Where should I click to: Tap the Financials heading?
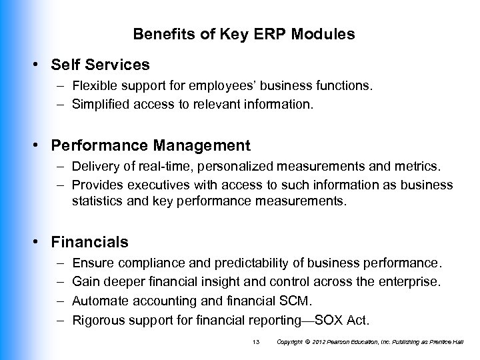[x=92, y=241]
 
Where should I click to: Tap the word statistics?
[x=97, y=199]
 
